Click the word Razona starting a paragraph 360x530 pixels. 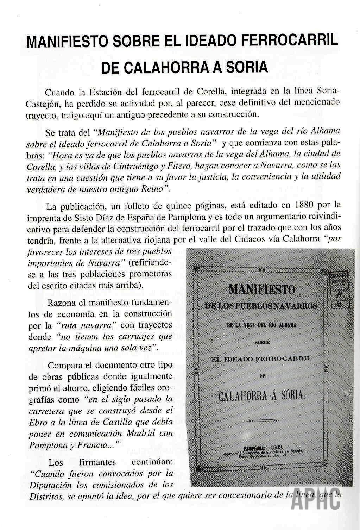coord(62,303)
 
